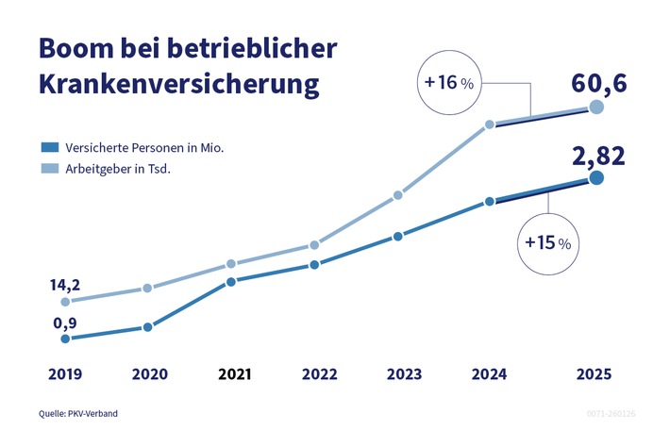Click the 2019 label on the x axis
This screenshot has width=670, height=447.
[x=64, y=373]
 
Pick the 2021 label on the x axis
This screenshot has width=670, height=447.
[x=235, y=373]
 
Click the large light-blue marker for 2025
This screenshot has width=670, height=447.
[x=595, y=108]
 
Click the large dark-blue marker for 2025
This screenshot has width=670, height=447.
[x=595, y=178]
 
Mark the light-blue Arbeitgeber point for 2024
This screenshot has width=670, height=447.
[x=490, y=124]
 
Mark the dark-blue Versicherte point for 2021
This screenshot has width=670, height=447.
[x=231, y=281]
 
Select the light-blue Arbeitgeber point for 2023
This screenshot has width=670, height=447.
[x=397, y=196]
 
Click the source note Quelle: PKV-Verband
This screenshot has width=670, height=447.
[x=78, y=413]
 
